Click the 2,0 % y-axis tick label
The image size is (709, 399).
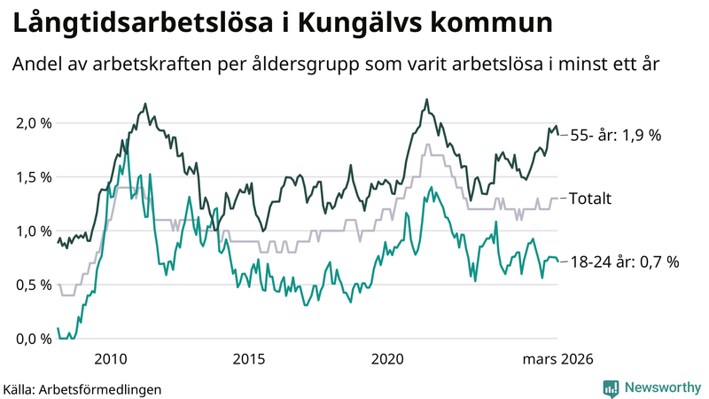(35, 122)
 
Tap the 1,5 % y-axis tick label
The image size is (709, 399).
(35, 176)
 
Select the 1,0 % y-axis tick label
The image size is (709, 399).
(35, 231)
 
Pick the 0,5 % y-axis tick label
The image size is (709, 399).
(35, 285)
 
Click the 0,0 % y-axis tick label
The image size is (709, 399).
(35, 339)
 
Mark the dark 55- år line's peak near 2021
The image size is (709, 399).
(427, 99)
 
